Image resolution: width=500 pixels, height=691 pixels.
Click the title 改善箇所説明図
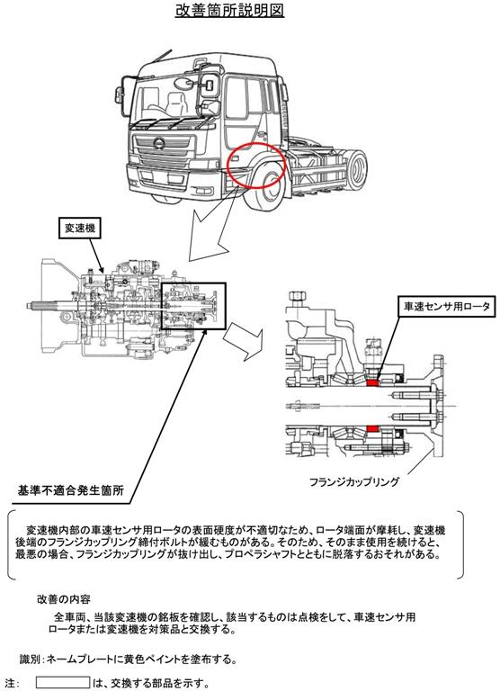(229, 10)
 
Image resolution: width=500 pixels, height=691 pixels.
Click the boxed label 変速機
(80, 228)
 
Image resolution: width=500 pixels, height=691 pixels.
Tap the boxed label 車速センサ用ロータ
(447, 306)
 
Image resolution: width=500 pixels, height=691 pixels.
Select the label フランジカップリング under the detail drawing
(353, 481)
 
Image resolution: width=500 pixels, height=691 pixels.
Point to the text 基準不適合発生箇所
(70, 490)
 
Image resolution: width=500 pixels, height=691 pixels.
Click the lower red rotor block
(372, 428)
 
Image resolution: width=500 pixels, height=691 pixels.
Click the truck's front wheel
(267, 185)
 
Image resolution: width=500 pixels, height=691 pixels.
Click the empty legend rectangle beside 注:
(63, 682)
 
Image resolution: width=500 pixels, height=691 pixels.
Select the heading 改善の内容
(64, 599)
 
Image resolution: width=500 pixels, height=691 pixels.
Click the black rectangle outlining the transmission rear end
(194, 306)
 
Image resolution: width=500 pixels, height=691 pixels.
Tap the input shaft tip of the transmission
(29, 304)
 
